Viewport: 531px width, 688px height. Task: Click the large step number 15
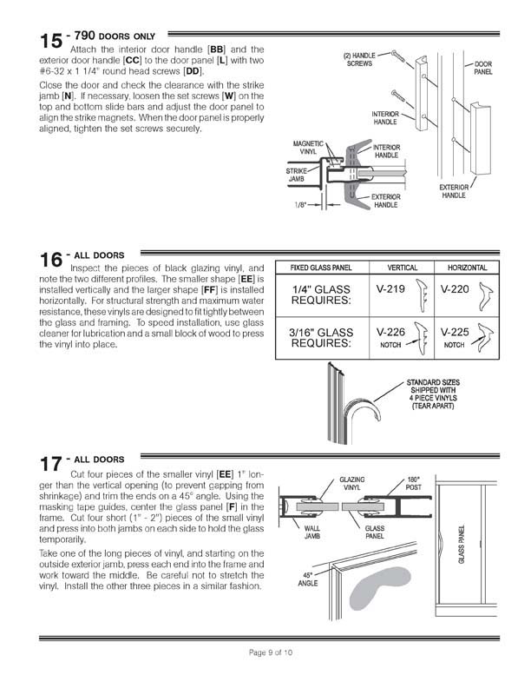tap(50, 41)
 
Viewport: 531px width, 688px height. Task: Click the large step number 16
tap(50, 260)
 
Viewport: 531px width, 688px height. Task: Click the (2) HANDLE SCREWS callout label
tap(359, 59)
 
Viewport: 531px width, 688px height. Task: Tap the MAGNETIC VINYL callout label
tap(307, 148)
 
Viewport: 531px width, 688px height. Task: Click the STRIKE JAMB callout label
tap(298, 175)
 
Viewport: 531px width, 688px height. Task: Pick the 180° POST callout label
tap(414, 482)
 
